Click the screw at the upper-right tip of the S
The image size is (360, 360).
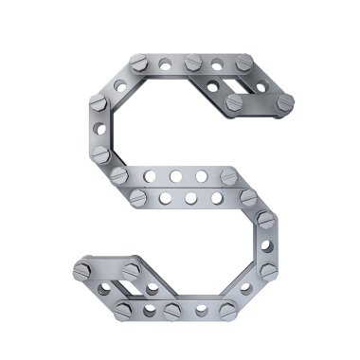286,102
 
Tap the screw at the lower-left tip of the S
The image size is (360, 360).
81,272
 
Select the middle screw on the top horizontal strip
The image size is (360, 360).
193,63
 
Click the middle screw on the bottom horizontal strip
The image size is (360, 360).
172,311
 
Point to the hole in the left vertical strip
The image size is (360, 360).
99,129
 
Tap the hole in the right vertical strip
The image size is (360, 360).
267,246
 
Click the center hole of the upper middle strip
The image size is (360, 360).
176,176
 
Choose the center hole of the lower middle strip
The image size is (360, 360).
190,198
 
